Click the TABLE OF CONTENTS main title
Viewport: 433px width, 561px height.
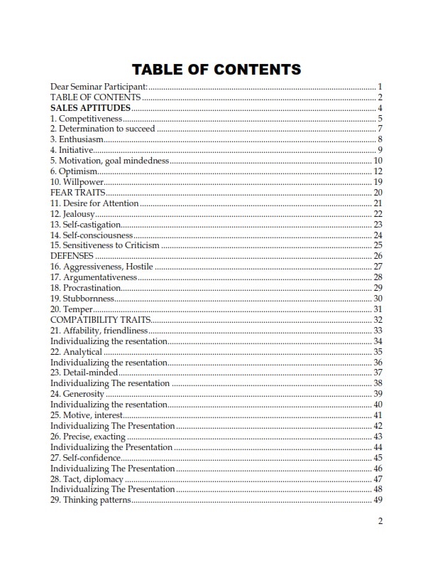(x=217, y=69)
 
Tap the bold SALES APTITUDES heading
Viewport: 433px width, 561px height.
(x=91, y=108)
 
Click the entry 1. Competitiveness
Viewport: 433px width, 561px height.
(x=87, y=118)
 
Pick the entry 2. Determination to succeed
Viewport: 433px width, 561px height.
(x=103, y=129)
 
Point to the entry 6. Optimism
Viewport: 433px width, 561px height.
(x=74, y=171)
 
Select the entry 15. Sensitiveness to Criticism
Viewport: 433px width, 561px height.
(x=105, y=245)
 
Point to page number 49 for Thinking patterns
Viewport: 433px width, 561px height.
(x=378, y=500)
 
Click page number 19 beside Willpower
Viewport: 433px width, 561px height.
(x=378, y=182)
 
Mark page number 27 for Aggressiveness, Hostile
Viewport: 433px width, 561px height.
(x=378, y=267)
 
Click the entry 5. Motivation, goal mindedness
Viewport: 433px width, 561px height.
(x=110, y=161)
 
